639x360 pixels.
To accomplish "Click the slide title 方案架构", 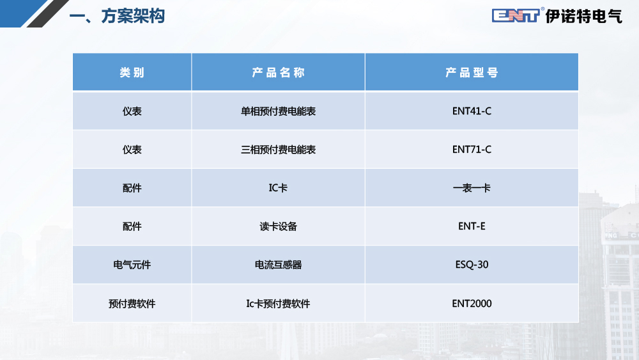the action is point(132,17).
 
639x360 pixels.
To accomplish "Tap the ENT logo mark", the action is point(516,15).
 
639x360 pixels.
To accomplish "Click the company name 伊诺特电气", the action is point(584,17).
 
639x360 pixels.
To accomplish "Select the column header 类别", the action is point(132,72).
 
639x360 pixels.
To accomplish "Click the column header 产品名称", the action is point(279,72).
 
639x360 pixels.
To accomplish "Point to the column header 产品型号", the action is point(472,72).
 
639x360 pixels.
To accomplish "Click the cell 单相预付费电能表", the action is point(279,111).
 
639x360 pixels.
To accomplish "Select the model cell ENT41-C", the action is point(472,111).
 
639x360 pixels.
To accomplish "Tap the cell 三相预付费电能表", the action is point(279,150).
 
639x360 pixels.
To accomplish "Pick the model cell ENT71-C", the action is point(472,150).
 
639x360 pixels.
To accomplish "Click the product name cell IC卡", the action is point(279,188).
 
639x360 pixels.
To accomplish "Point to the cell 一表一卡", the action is point(472,188).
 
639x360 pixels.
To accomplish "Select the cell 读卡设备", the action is point(279,226).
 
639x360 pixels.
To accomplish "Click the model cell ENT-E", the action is point(472,226).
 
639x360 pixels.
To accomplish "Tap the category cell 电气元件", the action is point(132,265).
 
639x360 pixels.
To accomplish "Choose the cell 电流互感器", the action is point(279,265).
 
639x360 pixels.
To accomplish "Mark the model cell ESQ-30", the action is point(472,265).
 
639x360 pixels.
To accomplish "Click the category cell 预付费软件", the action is point(132,304).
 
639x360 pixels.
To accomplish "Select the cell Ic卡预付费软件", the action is point(279,304).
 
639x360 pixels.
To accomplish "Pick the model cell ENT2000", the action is point(472,304).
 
